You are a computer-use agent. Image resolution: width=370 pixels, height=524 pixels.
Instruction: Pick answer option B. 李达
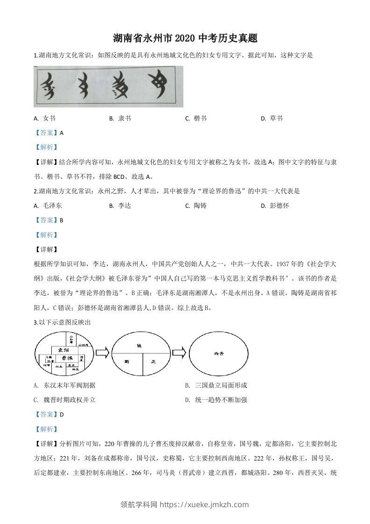coord(120,205)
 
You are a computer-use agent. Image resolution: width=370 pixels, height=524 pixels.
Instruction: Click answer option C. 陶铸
coord(195,205)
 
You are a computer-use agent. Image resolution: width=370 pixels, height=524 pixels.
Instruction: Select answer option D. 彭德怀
coord(275,205)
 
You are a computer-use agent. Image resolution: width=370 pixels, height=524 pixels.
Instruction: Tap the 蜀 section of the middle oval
coord(126,362)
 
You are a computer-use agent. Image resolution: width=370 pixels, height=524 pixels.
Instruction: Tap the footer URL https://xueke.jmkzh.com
coord(204,504)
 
